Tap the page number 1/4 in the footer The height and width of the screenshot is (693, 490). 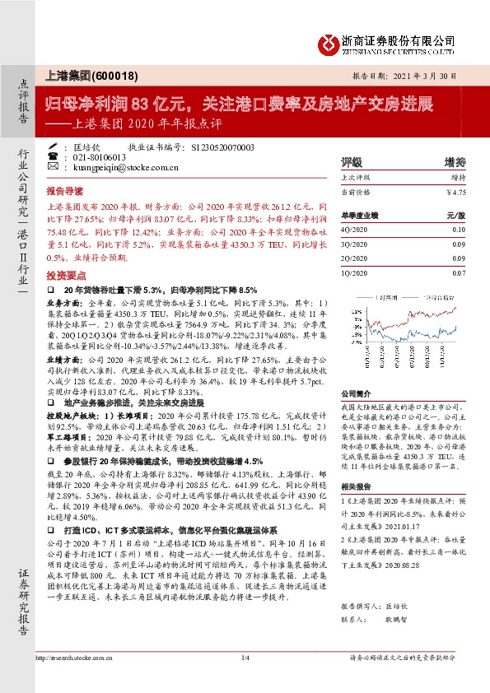tap(245, 681)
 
